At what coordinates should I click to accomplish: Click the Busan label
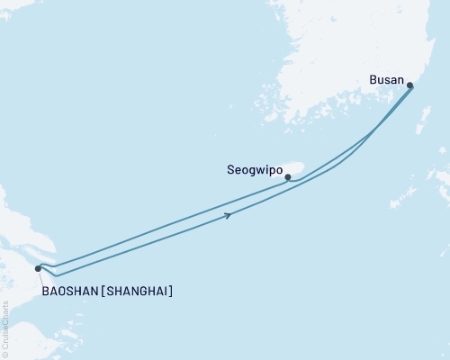pyautogui.click(x=387, y=80)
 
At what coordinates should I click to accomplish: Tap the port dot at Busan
pyautogui.click(x=410, y=86)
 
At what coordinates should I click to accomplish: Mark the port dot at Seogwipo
pyautogui.click(x=287, y=177)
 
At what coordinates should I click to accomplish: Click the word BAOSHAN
pyautogui.click(x=70, y=291)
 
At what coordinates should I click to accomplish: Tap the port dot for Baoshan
pyautogui.click(x=38, y=268)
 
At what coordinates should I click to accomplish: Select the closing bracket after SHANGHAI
pyautogui.click(x=171, y=291)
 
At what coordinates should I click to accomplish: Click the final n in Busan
pyautogui.click(x=400, y=80)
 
